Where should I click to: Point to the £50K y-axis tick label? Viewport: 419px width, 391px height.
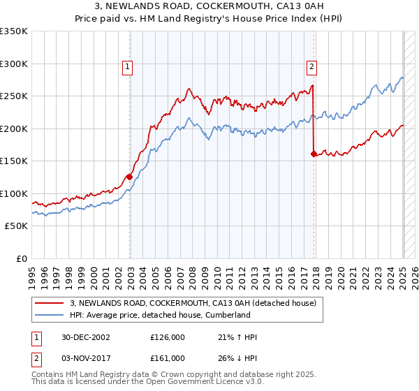15,226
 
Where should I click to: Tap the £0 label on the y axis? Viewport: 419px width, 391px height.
21,258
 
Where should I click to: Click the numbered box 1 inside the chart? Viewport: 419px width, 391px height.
129,67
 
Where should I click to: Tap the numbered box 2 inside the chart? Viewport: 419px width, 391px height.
311,67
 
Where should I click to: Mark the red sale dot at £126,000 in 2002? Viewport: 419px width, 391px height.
130,177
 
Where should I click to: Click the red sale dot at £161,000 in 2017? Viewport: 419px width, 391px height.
314,154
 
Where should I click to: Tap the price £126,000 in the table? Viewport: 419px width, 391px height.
168,337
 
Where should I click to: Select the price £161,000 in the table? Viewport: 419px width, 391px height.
168,357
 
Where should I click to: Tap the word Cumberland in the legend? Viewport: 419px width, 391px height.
226,315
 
